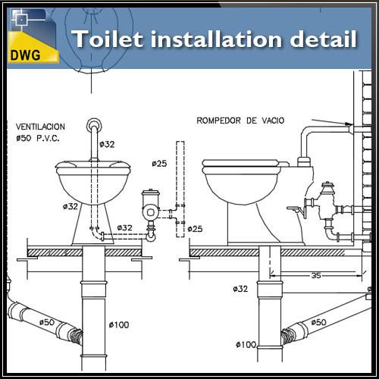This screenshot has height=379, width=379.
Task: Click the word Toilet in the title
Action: (108, 39)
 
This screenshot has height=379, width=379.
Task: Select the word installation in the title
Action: (216, 39)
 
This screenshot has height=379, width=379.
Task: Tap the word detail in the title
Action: (324, 39)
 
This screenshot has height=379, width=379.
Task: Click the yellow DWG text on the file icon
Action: (25, 55)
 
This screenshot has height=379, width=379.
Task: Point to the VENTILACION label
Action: (40, 127)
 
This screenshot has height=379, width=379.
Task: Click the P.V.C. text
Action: (49, 138)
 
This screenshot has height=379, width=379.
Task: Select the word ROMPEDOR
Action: (218, 121)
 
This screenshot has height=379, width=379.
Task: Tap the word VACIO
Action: (273, 121)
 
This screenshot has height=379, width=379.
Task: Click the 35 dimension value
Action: (316, 275)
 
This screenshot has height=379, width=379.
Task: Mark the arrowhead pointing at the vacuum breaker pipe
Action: (349, 124)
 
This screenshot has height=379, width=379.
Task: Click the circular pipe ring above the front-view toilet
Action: (94, 125)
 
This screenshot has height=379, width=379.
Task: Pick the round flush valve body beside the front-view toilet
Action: (150, 212)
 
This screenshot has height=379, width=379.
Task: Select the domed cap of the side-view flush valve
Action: (327, 186)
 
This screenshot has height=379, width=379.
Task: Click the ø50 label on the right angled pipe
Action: (318, 322)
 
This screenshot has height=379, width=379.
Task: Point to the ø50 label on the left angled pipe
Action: (47, 322)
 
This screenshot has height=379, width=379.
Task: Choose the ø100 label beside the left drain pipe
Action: (119, 324)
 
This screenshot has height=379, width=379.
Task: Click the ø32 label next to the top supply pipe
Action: (107, 144)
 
